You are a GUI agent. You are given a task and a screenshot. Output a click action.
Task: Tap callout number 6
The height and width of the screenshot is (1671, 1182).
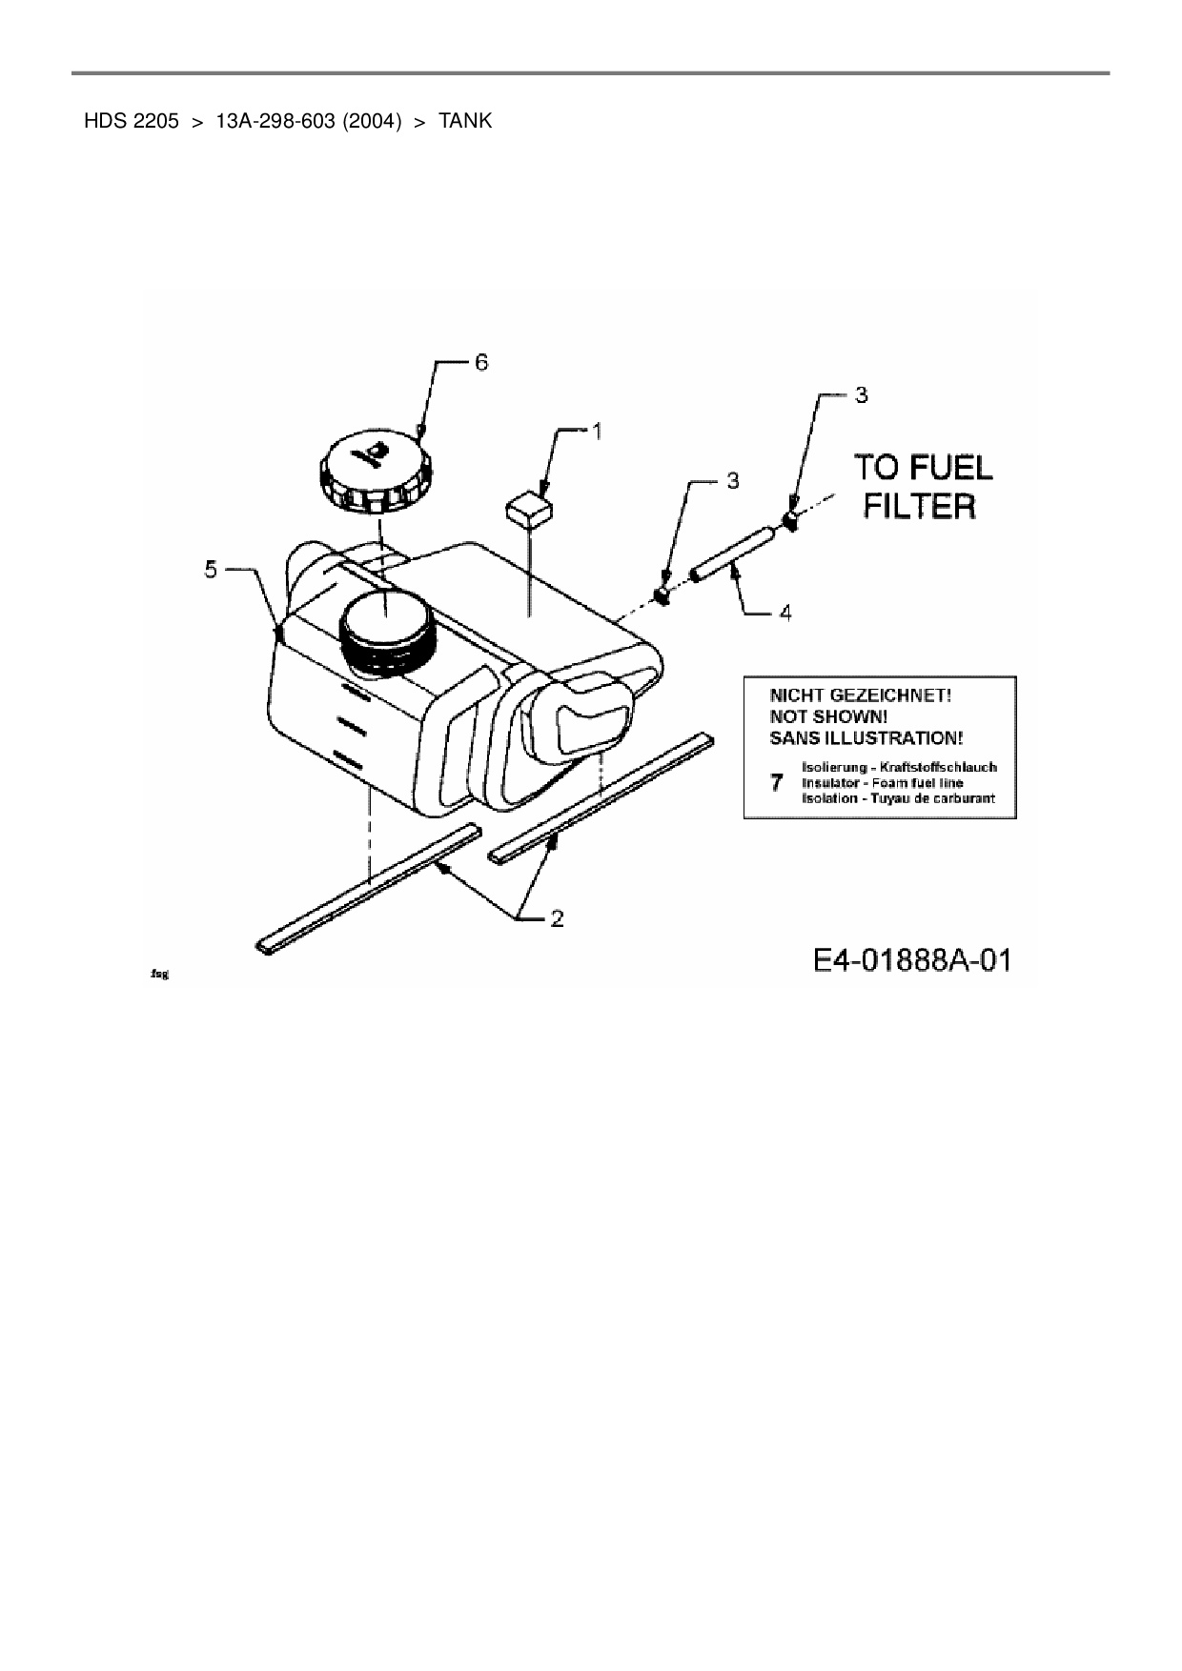click(481, 362)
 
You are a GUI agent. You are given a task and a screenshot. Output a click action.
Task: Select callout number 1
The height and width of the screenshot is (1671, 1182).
click(597, 432)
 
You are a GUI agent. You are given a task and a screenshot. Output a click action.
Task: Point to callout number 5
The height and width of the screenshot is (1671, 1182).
click(211, 570)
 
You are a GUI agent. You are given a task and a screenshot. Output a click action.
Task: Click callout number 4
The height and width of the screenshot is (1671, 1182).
click(785, 613)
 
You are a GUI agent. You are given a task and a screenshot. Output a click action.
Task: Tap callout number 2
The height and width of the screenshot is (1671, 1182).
click(557, 918)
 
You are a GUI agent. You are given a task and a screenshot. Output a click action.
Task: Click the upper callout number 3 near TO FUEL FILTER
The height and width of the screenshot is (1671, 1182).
click(861, 394)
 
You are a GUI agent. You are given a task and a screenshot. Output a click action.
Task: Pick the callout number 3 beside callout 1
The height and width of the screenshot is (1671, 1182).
click(732, 481)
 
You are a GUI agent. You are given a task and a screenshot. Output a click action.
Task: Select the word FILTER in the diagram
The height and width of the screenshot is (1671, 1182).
click(919, 506)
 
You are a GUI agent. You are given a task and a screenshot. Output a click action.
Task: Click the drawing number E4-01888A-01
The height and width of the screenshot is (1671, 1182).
click(911, 959)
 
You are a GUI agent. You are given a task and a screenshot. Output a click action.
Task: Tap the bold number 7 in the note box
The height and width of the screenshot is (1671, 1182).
click(777, 783)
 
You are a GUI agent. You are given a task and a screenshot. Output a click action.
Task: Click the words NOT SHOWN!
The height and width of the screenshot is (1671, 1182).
click(828, 716)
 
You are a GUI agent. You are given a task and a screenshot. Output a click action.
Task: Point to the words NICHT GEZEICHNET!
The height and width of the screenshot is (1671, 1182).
click(860, 695)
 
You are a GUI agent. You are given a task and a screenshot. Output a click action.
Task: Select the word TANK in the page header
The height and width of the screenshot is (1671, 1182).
click(465, 121)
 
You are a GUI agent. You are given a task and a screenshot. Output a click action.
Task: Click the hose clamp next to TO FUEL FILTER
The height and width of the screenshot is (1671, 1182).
click(790, 519)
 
